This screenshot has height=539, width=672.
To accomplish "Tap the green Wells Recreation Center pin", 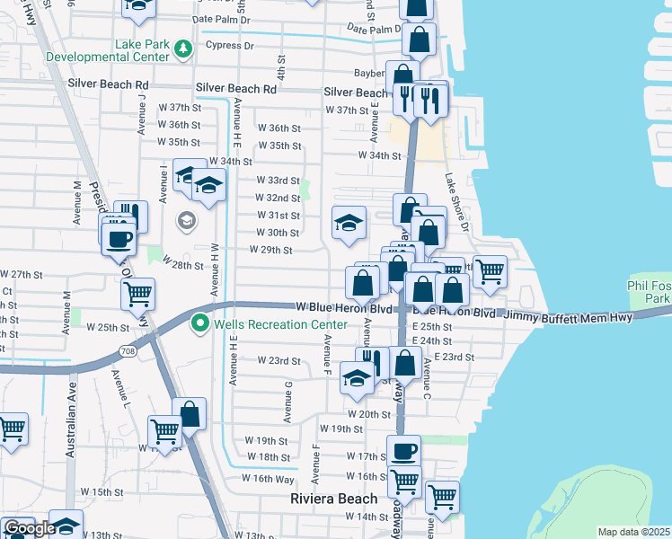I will click(x=199, y=324).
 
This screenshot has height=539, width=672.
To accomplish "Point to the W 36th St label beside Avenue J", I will click(x=178, y=125).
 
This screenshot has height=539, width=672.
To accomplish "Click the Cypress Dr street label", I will click(x=229, y=45).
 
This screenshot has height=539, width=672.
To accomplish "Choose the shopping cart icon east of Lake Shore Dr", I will click(x=490, y=270).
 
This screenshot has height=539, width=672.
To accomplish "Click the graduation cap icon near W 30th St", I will click(x=349, y=224).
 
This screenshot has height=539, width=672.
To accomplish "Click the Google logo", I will click(x=29, y=529).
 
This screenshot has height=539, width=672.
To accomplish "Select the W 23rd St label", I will click(x=279, y=361).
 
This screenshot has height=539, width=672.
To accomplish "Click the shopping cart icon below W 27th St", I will click(x=138, y=294).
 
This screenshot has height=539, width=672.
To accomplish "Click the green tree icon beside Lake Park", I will click(x=183, y=48).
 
